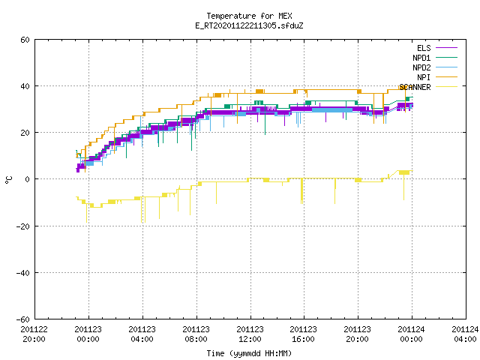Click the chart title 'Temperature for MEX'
(249, 16)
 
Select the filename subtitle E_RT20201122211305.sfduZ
(249, 25)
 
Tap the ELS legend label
(424, 48)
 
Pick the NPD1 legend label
(421, 58)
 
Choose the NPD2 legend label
(421, 67)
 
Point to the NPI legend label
(424, 77)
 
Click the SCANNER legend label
(415, 87)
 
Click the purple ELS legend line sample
(446, 48)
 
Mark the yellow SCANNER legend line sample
(446, 87)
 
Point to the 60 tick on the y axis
(25, 40)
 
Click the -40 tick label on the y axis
(23, 273)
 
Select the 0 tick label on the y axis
(28, 179)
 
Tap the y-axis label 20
(25, 133)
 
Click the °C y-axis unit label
(8, 180)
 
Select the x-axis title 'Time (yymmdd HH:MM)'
(249, 353)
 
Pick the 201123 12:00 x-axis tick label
(250, 334)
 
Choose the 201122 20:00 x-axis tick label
(34, 334)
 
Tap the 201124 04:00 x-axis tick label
(465, 334)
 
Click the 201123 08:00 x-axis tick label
(196, 334)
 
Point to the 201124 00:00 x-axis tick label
(411, 334)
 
